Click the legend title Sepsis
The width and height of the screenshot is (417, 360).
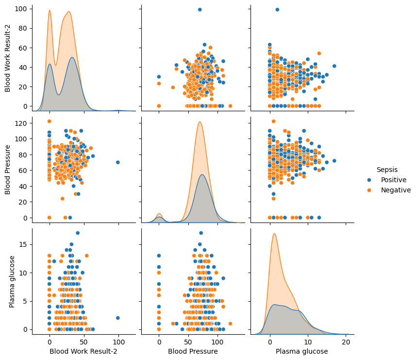[x=386, y=169]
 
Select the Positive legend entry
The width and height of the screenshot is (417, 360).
[x=393, y=180]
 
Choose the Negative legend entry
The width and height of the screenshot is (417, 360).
[x=395, y=190]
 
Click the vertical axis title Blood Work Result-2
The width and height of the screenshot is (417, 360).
[x=8, y=58]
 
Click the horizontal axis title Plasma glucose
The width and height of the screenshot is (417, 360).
[x=301, y=351]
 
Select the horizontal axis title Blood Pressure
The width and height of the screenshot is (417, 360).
[x=193, y=351]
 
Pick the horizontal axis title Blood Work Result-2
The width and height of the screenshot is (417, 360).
[x=83, y=351]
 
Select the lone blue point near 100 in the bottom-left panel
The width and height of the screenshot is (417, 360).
[x=117, y=318]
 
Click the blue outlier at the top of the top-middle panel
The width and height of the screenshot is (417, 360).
[x=200, y=10]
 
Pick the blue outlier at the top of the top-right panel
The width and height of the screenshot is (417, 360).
[x=277, y=10]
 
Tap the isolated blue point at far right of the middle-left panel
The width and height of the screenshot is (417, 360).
[x=117, y=162]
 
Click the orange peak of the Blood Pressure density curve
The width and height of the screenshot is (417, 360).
[x=200, y=121]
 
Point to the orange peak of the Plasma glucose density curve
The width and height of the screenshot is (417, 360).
[x=274, y=234]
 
